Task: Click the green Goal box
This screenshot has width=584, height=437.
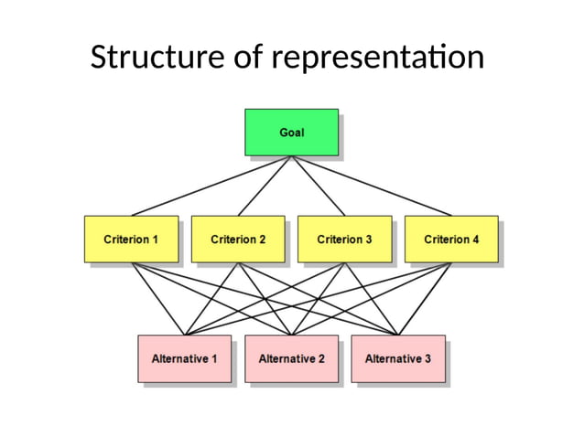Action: coord(291,132)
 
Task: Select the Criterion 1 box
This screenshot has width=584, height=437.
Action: coord(131,240)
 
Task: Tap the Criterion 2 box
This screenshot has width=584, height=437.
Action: coord(238,240)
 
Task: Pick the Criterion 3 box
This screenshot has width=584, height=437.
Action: coord(344,240)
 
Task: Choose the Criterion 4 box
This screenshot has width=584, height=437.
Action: coord(451,240)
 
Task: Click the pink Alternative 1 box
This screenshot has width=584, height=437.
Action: coord(184,358)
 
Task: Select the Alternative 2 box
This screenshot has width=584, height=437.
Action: coord(291,358)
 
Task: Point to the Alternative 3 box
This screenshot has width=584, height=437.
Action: coord(397,358)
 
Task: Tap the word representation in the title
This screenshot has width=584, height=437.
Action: coord(378,58)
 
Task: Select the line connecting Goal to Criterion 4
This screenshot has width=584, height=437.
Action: coord(371,186)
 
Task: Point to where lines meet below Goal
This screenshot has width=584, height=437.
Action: coord(291,156)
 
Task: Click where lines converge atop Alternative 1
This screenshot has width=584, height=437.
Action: coord(184,335)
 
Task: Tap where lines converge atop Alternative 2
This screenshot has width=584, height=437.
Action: coord(291,335)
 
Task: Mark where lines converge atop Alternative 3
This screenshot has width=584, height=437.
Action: coord(397,335)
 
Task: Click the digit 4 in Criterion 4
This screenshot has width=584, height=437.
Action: coord(476,240)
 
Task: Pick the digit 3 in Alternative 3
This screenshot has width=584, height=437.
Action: coord(427,358)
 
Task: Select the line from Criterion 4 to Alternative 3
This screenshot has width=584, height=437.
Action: coord(425,299)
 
